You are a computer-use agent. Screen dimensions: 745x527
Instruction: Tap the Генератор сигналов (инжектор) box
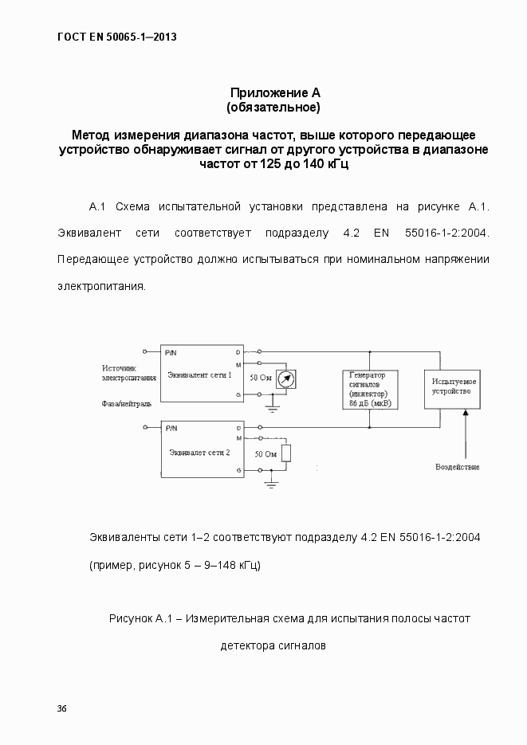(368, 390)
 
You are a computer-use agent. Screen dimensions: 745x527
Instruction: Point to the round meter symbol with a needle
(285, 379)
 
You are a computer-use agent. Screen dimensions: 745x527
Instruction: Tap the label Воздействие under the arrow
(457, 466)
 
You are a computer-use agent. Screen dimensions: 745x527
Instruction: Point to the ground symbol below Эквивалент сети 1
(272, 409)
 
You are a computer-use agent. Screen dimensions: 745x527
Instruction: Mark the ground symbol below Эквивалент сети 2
(272, 484)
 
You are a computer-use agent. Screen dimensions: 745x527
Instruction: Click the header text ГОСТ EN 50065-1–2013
(117, 37)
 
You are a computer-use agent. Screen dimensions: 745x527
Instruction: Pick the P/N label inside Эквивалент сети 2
(171, 428)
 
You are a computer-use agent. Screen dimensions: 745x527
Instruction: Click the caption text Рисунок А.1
(140, 618)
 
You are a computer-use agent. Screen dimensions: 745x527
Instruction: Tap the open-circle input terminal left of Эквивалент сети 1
(144, 351)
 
